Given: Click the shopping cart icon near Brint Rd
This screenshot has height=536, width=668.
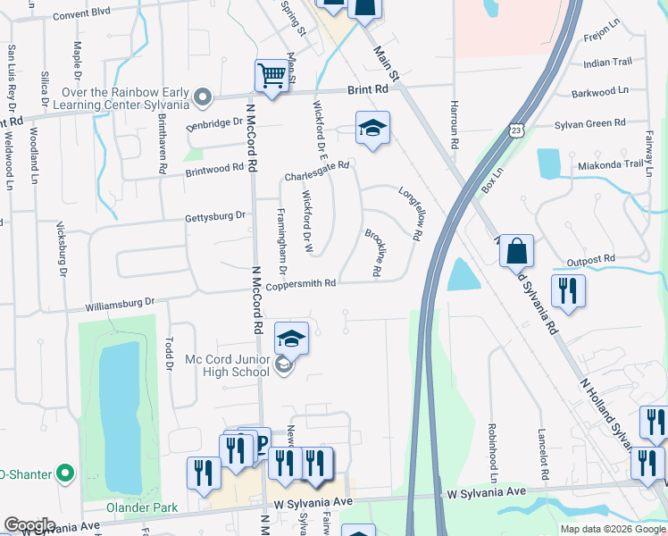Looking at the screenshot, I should tap(271, 76).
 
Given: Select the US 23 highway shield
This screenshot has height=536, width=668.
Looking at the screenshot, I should tap(517, 130).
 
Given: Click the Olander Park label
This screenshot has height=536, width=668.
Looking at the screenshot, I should tap(143, 507).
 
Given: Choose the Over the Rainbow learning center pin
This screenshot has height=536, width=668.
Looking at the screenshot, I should tap(205, 96).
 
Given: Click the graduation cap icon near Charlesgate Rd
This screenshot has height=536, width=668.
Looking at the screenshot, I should tap(372, 128).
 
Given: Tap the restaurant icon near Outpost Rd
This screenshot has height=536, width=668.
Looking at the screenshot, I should tap(568, 290).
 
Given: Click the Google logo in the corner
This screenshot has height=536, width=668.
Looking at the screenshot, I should tap(29, 525).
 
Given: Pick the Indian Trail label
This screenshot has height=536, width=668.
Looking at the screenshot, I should tap(607, 63).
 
